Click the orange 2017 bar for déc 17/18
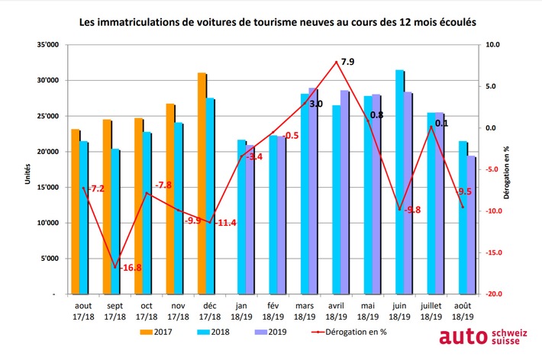pyautogui.click(x=202, y=183)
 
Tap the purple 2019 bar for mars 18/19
pyautogui.click(x=312, y=191)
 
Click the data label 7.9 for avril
pyautogui.click(x=347, y=60)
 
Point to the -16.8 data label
pyautogui.click(x=125, y=268)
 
